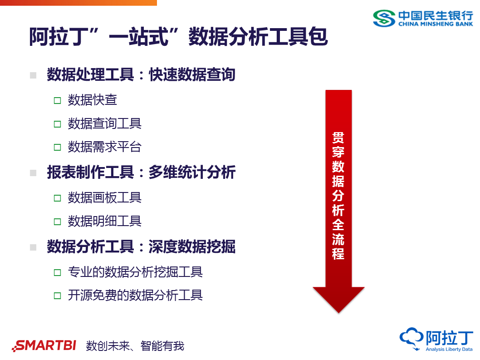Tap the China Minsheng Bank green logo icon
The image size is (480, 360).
coord(384,18)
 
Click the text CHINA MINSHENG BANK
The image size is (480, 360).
coord(436,24)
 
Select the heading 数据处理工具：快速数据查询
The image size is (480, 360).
coord(141,74)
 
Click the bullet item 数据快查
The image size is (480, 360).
coord(93,100)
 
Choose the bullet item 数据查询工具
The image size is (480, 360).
coord(105,123)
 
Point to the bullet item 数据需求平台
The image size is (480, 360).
coord(105,147)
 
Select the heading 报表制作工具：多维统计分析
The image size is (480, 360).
coord(141,173)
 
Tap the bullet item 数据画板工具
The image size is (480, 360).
coord(105,197)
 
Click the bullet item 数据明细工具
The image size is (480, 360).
coord(105,221)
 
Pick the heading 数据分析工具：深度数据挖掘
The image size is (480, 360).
coord(141,247)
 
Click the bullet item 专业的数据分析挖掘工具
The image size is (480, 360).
coord(135,272)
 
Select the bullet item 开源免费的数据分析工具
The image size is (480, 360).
coord(135,296)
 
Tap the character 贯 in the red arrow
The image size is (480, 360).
coord(338,138)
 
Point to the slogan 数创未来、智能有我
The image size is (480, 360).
coord(135,346)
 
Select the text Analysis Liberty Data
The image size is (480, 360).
coord(449,350)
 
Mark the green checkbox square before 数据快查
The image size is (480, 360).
coord(57,100)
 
